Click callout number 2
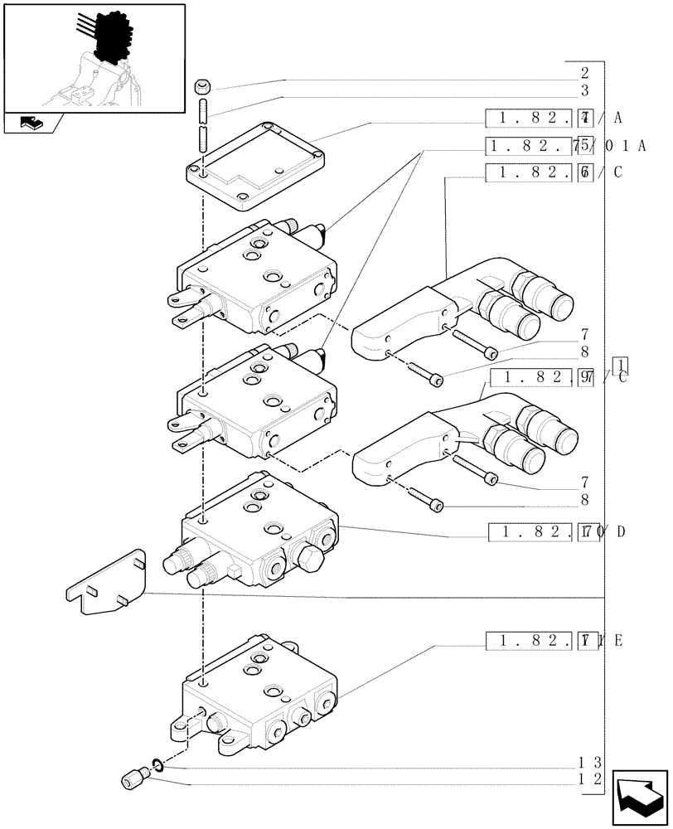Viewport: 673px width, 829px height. [584, 72]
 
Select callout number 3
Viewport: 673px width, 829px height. [584, 90]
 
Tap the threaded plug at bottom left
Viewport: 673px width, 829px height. [133, 778]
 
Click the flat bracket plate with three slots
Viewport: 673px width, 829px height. [107, 585]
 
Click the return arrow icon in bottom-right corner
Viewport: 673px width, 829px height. [640, 798]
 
